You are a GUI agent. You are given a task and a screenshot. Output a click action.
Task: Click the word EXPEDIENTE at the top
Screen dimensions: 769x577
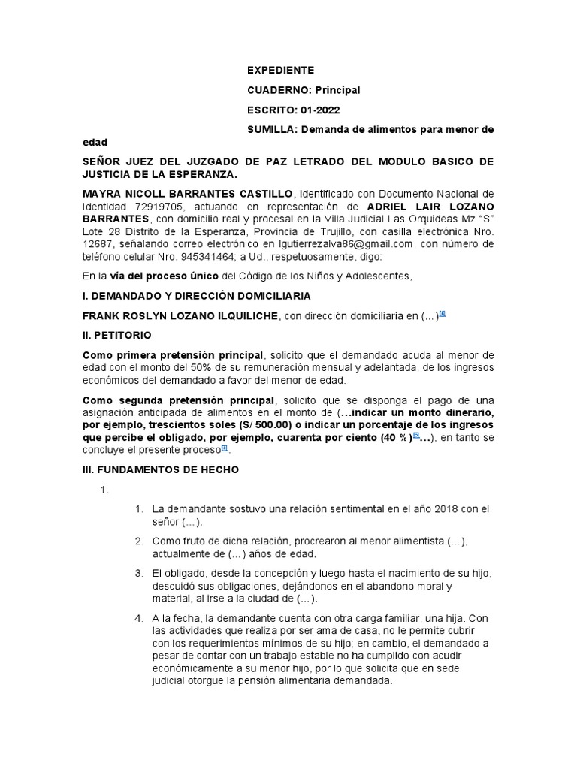tap(281, 70)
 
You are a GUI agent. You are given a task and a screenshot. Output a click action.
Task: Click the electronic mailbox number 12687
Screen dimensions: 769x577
tap(97, 243)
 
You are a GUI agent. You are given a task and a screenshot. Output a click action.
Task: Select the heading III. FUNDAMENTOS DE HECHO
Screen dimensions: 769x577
tap(160, 469)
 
